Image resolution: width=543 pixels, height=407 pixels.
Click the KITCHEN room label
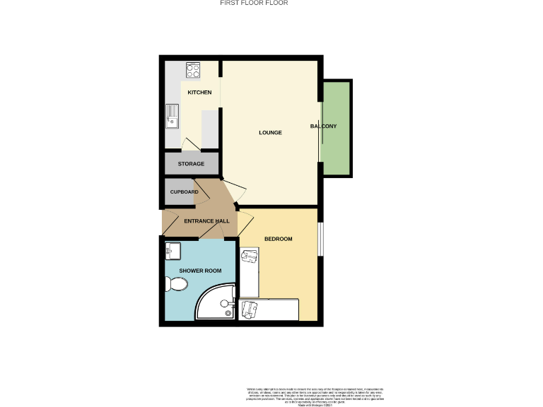coord(199,93)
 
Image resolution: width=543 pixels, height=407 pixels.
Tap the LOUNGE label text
coord(270,132)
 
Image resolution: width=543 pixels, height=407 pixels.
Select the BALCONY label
coord(323,126)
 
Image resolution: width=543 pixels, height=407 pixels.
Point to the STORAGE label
coord(191,164)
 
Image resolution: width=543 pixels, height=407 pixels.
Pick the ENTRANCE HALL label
coord(206,221)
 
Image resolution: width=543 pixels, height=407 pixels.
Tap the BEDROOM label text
coord(278,239)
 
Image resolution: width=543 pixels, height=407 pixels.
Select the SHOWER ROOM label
coord(200,271)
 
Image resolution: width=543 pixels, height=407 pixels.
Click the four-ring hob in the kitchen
coord(193,70)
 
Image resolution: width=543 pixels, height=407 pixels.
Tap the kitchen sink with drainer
coord(172,116)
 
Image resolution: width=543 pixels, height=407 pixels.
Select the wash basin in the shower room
coord(172,249)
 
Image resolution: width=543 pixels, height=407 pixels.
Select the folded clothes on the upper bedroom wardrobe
coord(249,256)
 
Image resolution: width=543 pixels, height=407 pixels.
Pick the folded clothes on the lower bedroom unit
coord(248,308)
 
